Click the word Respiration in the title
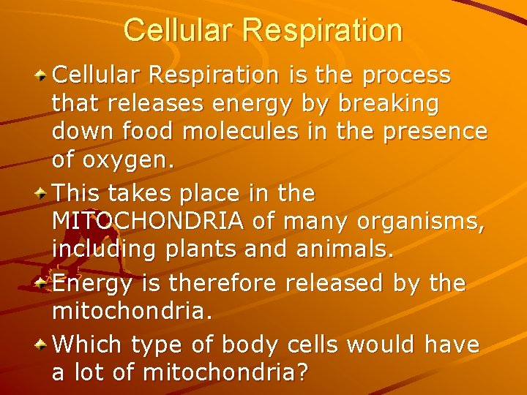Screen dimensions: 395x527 [324, 31]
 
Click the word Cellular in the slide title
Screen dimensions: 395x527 [180, 31]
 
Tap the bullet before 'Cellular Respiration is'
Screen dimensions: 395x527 [43, 75]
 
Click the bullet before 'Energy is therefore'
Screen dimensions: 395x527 [43, 283]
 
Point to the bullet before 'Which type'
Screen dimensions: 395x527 [43, 343]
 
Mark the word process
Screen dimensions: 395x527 [408, 75]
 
